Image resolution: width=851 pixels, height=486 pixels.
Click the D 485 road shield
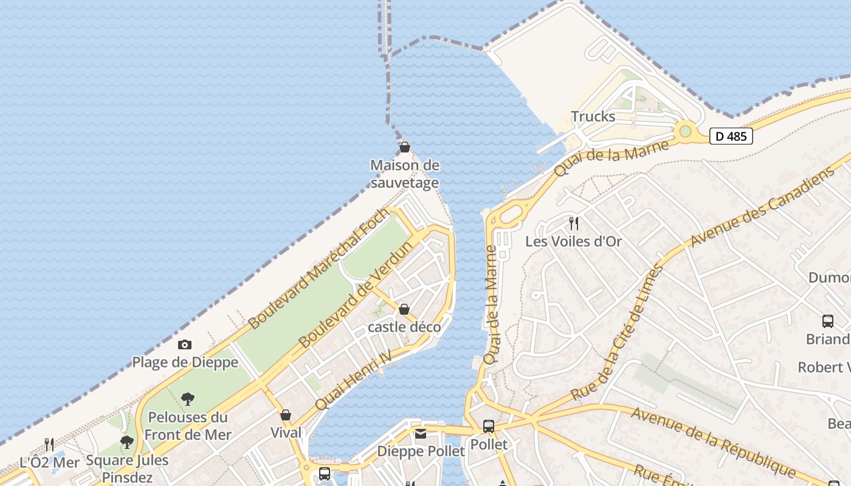coord(731,136)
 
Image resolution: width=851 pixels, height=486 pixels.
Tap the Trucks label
coord(593,117)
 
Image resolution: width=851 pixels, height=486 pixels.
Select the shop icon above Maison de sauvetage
coord(404,147)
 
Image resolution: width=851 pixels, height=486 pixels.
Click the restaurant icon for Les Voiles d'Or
coord(573,224)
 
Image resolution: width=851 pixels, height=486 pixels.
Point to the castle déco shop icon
coord(404,309)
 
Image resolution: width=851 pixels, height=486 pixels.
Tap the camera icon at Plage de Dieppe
coord(185,345)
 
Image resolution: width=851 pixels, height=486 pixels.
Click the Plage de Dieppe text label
coord(185,363)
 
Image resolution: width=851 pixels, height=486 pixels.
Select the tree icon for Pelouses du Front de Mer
coord(188,399)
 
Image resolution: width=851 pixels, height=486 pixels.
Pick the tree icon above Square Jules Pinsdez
coord(126,442)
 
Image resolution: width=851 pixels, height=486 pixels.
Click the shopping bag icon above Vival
coord(286,415)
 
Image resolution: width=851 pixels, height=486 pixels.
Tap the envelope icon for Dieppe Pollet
coord(421,434)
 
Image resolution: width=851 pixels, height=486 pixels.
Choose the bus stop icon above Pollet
coord(489,426)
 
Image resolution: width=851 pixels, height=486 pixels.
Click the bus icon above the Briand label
coord(827,321)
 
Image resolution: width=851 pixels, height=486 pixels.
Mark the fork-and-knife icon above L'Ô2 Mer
coord(49,445)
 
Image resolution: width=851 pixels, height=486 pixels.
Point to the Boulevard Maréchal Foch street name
coord(319,269)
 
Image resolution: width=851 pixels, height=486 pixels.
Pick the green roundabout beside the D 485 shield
coord(686,131)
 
